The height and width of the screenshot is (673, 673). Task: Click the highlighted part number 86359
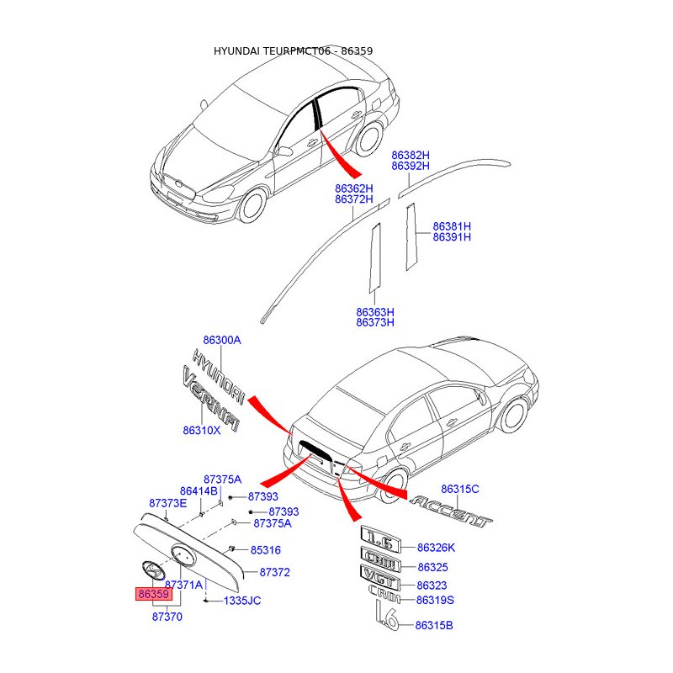[x=154, y=594]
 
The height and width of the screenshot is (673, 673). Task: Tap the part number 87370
[x=167, y=617]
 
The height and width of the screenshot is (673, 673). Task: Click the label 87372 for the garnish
[x=274, y=572]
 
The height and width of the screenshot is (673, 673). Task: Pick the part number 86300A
[x=222, y=340]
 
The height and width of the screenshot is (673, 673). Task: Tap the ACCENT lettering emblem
[x=450, y=509]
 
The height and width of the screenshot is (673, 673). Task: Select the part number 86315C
[x=460, y=489]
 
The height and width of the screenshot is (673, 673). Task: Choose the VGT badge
[x=380, y=575]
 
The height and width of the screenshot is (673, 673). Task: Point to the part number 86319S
[x=435, y=600]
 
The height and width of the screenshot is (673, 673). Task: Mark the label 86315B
[x=435, y=625]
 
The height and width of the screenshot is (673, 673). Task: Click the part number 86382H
[x=411, y=156]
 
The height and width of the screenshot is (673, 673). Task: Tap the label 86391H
[x=452, y=237]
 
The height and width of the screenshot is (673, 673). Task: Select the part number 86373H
[x=375, y=322]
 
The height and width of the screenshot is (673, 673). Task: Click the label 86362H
[x=353, y=188]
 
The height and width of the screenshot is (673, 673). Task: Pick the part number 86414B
[x=199, y=490]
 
